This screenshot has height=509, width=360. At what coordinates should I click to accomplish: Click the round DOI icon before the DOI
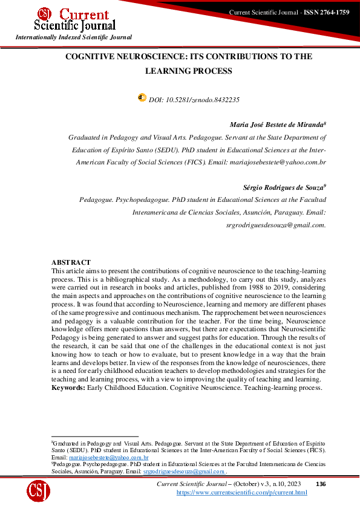142,97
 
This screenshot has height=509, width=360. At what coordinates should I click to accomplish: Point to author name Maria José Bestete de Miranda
277,125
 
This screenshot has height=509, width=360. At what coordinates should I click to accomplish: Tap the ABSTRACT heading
71,262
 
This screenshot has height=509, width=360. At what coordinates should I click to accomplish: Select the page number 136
321,484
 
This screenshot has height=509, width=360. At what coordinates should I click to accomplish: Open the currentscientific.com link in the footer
241,493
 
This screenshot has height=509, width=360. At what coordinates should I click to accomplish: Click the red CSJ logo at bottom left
38,490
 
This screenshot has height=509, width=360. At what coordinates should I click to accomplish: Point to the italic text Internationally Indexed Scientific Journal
73,37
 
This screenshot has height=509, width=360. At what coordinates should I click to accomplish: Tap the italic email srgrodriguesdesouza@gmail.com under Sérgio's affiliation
275,224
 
